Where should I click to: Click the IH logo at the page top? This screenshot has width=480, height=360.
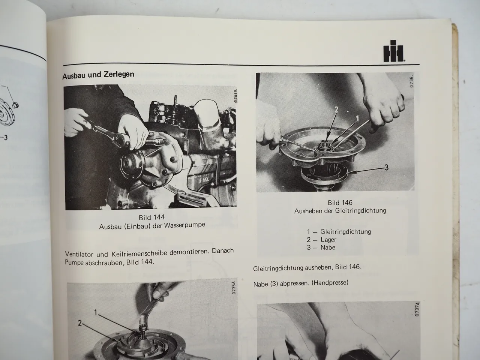[x=393, y=53]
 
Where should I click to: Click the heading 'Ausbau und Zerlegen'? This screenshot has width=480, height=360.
[x=98, y=74]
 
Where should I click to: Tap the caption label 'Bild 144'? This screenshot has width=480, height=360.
[x=151, y=217]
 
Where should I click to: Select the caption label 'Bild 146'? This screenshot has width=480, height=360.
[x=340, y=203]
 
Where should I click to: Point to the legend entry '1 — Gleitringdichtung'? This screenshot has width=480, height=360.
[x=339, y=232]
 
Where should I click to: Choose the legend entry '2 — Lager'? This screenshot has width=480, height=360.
[x=322, y=240]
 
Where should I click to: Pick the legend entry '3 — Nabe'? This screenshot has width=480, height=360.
[x=321, y=247]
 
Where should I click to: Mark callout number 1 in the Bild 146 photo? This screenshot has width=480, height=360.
[x=357, y=118]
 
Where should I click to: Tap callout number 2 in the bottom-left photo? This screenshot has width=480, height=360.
[x=80, y=323]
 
